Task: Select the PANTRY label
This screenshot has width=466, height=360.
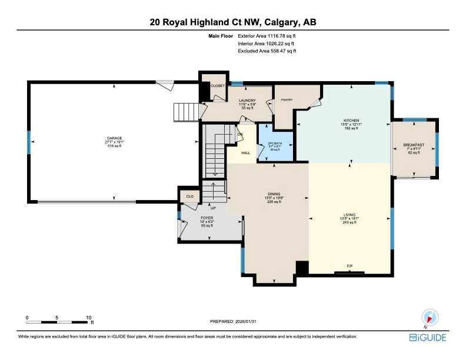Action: click(287, 100)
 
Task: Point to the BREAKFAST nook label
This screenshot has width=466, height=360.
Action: click(414, 145)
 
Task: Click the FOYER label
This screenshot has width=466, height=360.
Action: click(207, 218)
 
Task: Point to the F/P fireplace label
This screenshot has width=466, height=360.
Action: click(349, 266)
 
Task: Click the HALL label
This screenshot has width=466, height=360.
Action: click(246, 153)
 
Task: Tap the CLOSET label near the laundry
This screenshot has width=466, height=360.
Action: click(218, 85)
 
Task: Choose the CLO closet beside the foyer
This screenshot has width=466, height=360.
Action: click(189, 196)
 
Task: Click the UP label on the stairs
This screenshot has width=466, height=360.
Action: click(213, 208)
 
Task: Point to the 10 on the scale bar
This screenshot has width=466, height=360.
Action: click(88, 317)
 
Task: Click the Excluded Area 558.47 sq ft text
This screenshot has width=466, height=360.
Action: click(267, 51)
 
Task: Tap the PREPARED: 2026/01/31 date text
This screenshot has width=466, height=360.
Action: click(233, 321)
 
